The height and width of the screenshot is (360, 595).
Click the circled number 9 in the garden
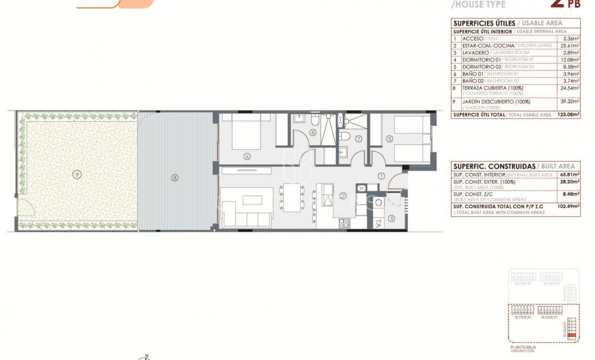(x=75, y=174)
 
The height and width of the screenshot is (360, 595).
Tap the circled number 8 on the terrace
(x=174, y=176)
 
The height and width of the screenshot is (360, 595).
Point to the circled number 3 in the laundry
(x=391, y=218)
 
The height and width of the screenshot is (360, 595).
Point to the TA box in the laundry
(x=378, y=224)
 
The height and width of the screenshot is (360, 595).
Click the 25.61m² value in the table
(x=569, y=45)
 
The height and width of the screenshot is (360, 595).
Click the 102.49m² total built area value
(x=568, y=206)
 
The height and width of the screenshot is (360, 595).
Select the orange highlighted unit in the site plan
(x=572, y=336)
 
